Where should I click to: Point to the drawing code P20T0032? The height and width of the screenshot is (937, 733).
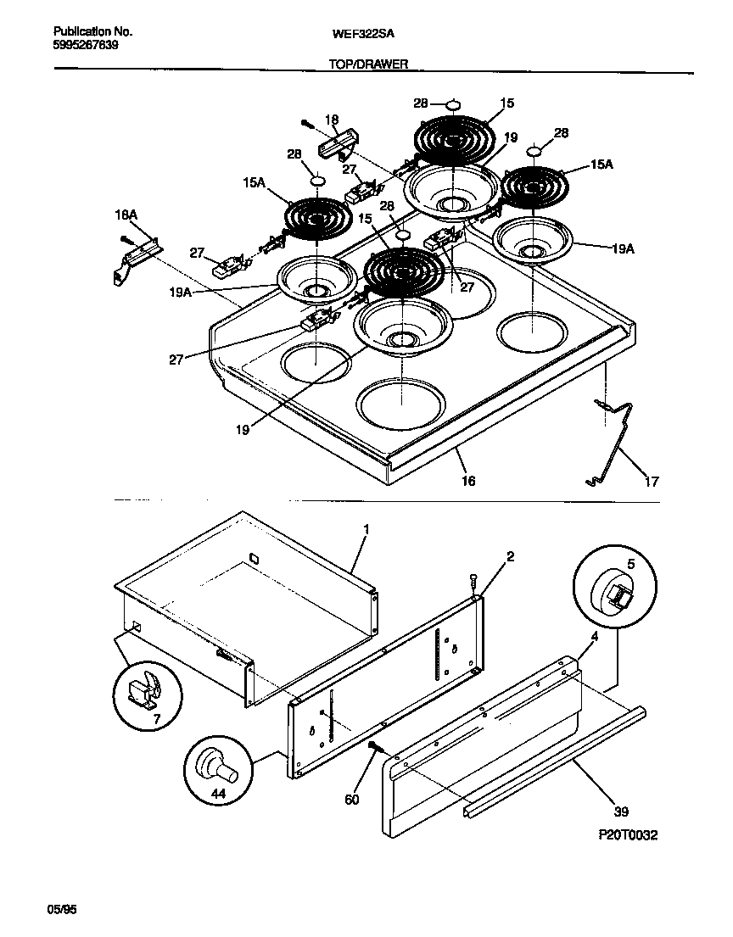click(627, 835)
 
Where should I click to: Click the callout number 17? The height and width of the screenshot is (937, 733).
click(651, 482)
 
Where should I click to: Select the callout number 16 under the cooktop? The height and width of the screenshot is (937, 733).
click(467, 481)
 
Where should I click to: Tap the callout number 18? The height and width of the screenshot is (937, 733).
click(332, 120)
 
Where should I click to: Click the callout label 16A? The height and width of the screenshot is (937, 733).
click(126, 216)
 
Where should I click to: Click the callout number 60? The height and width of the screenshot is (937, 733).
click(353, 800)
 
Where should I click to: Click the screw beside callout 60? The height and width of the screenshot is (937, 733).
click(373, 746)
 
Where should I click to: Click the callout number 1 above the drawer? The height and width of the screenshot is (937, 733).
click(366, 530)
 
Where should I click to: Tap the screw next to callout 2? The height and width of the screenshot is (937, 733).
click(473, 582)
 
